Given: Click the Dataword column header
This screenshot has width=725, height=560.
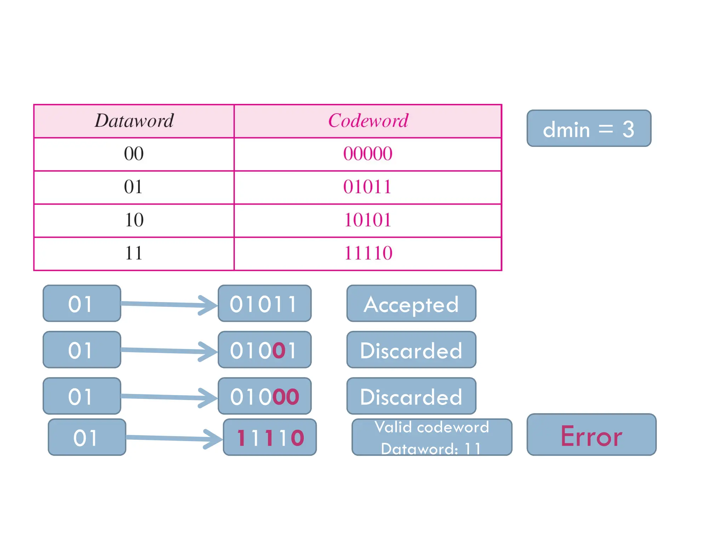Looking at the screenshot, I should pos(134,121).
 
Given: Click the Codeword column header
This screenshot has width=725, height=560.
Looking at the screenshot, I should pos(368,121).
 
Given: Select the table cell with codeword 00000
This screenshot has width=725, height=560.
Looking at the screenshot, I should pos(368,154).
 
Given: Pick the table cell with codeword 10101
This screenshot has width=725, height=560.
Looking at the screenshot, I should pos(368,220).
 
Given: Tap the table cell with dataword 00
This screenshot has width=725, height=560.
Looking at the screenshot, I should pos(134,154).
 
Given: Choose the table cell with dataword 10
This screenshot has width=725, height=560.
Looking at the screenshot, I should pos(134,220).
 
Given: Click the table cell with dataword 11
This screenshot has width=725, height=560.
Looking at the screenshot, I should pos(134,253).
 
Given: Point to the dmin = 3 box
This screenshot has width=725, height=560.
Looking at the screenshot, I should pos(589,128).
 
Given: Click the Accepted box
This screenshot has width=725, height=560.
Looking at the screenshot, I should pos(411,304).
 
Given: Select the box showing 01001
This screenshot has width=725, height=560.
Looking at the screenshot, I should pos(264,350).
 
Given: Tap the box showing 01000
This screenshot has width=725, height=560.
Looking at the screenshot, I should pos(264,396).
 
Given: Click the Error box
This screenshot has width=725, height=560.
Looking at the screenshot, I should pos(591,435).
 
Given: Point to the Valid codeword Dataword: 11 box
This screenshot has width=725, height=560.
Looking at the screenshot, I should pos(432,437).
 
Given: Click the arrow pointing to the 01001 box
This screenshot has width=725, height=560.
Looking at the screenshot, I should pos(169,351).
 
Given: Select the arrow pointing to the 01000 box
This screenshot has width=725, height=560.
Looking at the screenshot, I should pos(169,397).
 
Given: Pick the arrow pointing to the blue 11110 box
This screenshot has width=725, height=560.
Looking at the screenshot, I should pos(174,438).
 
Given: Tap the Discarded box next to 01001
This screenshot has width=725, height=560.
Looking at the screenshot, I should pos(411,350).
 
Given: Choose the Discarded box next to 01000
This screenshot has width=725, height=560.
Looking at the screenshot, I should pos(411,396).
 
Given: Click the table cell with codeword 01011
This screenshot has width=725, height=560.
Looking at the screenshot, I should pos(368,187).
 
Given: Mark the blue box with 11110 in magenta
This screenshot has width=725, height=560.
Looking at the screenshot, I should pos(270,437).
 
